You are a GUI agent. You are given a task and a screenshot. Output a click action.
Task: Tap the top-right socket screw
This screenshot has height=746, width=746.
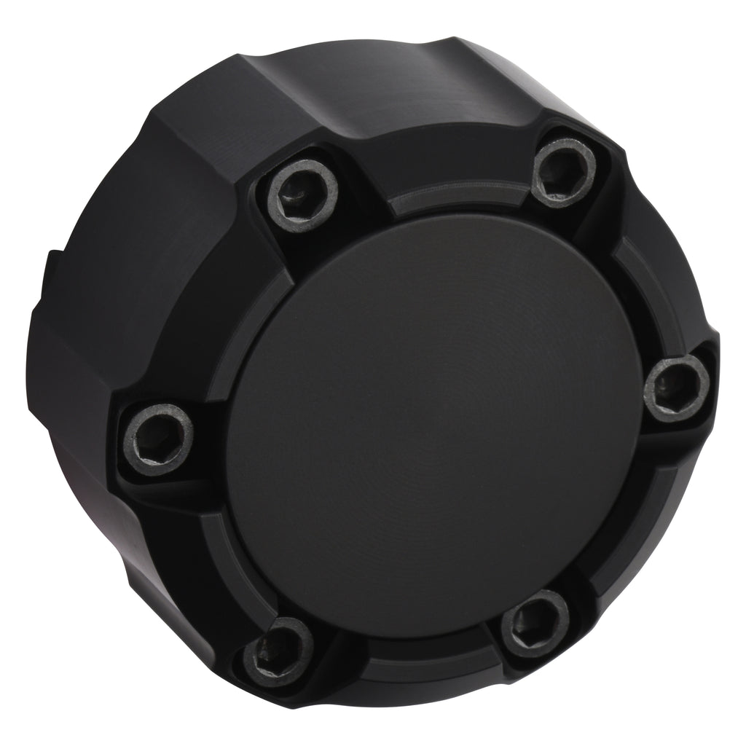point(563,171)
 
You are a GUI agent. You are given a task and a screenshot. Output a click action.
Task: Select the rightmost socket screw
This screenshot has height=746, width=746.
point(677,388)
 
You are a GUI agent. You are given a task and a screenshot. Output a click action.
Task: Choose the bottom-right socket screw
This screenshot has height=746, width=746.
point(535,624)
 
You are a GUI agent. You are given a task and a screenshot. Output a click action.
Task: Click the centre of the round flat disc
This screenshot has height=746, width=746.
point(430,423)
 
